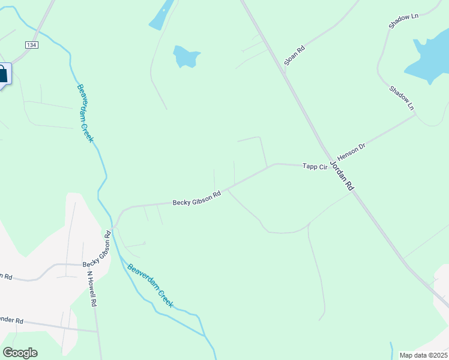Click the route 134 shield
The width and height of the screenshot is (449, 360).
(x=31, y=45)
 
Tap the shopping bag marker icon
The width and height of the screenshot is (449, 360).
(x=2, y=75)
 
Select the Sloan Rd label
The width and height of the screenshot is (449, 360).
(x=295, y=54)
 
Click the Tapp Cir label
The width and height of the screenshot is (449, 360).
(x=314, y=166)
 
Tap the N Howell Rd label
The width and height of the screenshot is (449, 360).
(x=91, y=289)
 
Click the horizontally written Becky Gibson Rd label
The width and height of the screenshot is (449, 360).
(x=197, y=198)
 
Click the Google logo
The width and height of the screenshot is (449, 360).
(x=20, y=353)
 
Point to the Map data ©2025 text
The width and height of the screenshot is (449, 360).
(x=423, y=355)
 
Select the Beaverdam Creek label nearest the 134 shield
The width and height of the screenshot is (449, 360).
(x=85, y=112)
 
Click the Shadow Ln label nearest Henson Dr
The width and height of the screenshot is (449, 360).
(x=402, y=98)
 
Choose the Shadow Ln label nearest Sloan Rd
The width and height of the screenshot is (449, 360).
(x=403, y=21)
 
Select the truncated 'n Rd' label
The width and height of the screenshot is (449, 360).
(x=6, y=277)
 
